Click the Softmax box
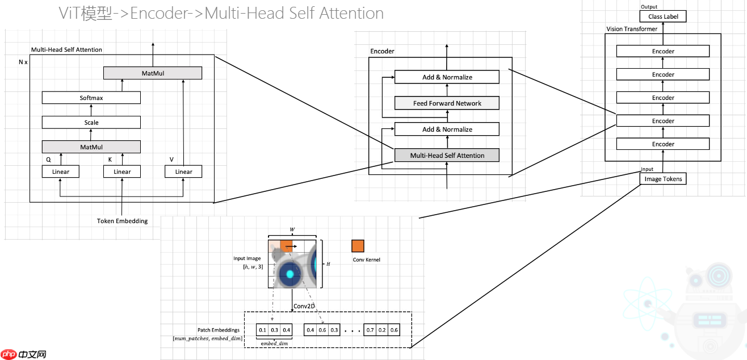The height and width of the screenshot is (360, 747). pyautogui.click(x=91, y=98)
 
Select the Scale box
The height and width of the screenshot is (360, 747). pyautogui.click(x=91, y=122)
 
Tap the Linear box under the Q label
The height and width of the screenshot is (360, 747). pyautogui.click(x=60, y=171)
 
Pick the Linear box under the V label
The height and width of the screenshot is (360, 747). pyautogui.click(x=183, y=171)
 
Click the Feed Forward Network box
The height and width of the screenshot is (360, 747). pyautogui.click(x=447, y=103)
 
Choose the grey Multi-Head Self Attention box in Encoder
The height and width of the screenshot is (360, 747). pyautogui.click(x=447, y=155)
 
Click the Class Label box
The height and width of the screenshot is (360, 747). pyautogui.click(x=663, y=16)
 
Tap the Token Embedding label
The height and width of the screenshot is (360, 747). pyautogui.click(x=122, y=221)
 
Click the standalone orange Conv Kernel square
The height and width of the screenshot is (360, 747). pyautogui.click(x=358, y=246)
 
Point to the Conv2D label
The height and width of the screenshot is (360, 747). pyautogui.click(x=304, y=306)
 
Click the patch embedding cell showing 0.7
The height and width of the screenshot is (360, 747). pyautogui.click(x=370, y=330)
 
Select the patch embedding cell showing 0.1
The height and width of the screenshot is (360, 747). pyautogui.click(x=262, y=330)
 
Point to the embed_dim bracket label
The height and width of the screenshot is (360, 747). pyautogui.click(x=274, y=343)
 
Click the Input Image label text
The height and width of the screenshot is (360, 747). pyautogui.click(x=247, y=259)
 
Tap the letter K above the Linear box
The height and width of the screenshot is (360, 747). pyautogui.click(x=110, y=160)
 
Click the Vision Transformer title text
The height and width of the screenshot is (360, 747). pyautogui.click(x=632, y=28)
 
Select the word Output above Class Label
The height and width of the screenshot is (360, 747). pyautogui.click(x=649, y=7)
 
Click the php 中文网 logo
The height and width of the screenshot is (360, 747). pyautogui.click(x=24, y=354)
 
